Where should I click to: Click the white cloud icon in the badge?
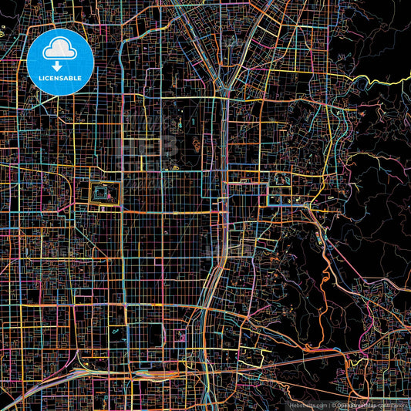[x=59, y=51]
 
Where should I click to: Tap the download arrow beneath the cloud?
[x=59, y=66]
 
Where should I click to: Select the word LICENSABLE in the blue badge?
[x=59, y=78]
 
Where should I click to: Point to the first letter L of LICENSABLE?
[x=39, y=78]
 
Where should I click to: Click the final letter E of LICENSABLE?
[x=80, y=78]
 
